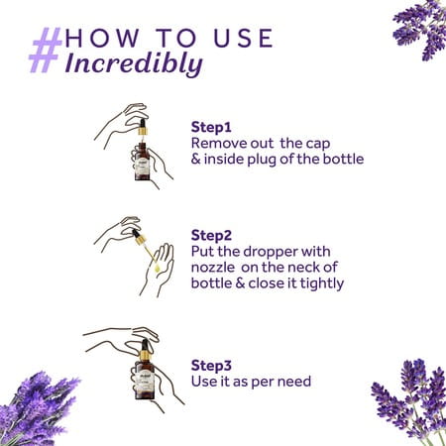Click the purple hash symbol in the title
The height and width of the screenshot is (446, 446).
pos(45,50)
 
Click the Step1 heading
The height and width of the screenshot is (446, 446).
pos(209,127)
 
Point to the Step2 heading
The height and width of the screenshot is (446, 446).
pos(210,236)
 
